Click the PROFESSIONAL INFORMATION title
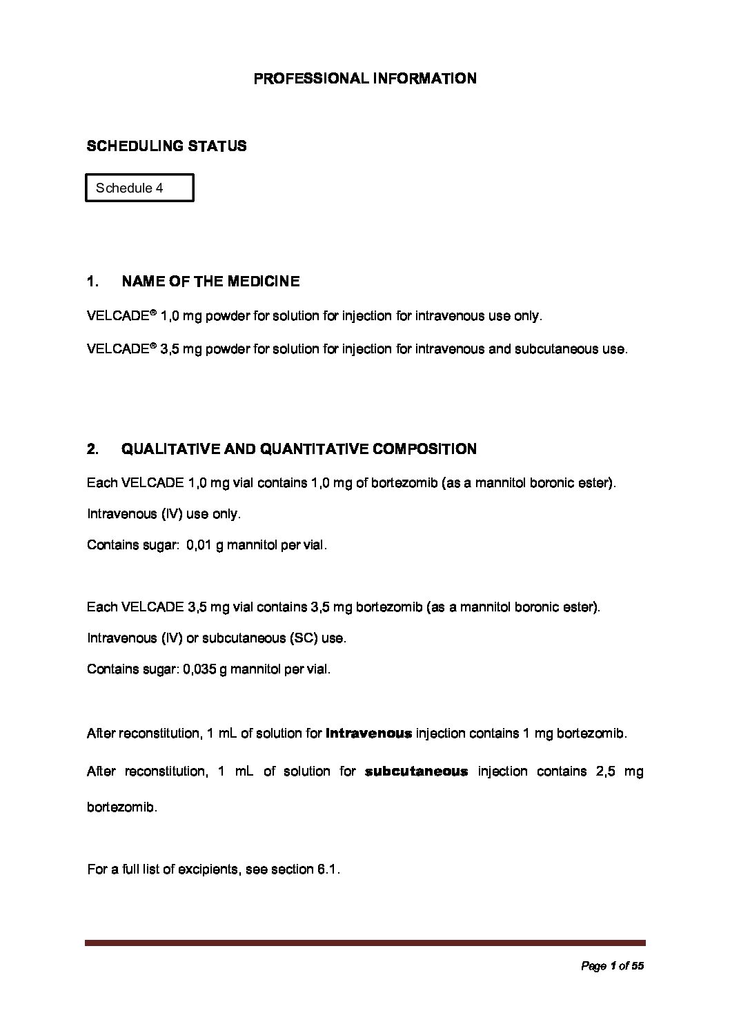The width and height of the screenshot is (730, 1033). (x=365, y=79)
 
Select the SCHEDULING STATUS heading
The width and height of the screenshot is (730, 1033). (x=166, y=146)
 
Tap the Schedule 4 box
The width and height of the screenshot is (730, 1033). (x=139, y=188)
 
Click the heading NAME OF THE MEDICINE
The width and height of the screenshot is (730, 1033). (x=210, y=282)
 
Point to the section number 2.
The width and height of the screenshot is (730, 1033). (x=92, y=449)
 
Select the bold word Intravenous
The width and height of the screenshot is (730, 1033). (x=368, y=734)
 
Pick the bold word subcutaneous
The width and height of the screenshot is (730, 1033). (x=416, y=771)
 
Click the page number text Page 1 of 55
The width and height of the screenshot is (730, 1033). (x=613, y=967)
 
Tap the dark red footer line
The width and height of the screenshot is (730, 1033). (x=365, y=943)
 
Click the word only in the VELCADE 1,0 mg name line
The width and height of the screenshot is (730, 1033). (x=528, y=317)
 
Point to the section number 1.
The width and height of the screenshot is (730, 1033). (x=92, y=282)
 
